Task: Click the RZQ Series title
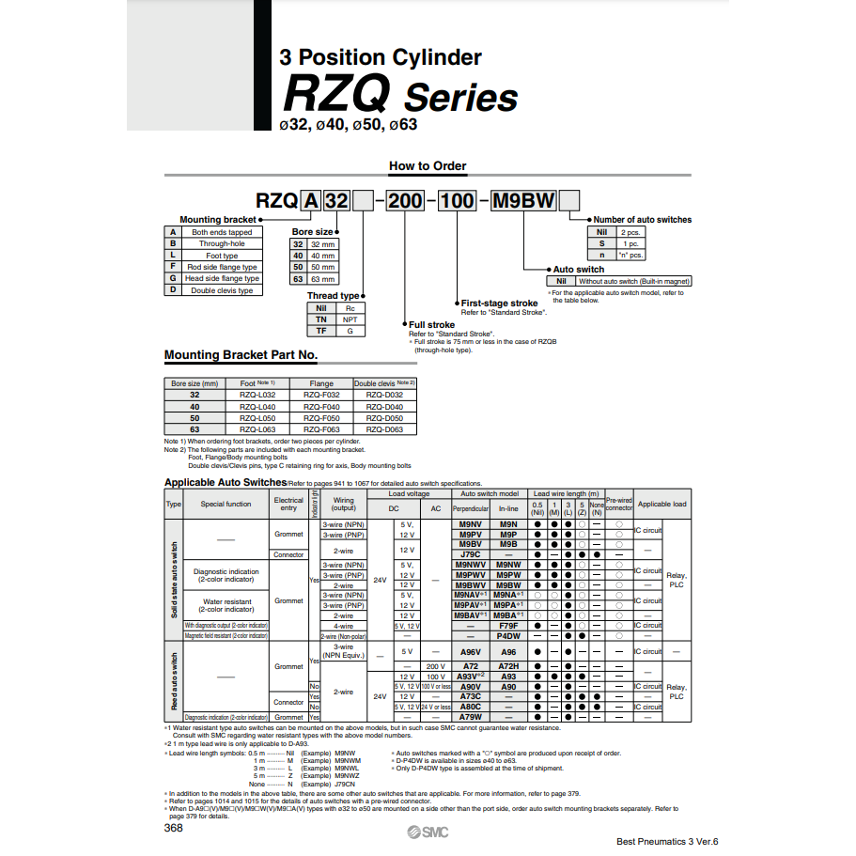point(400,96)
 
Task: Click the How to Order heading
point(428,166)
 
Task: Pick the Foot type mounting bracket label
point(222,256)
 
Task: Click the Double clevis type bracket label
point(222,290)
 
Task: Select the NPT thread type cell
point(350,319)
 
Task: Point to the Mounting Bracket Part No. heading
point(241,355)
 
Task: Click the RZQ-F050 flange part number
point(321,418)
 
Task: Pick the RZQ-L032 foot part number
point(257,396)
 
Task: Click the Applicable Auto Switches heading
point(225,483)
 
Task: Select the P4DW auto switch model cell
point(508,635)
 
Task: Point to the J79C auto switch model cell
point(470,554)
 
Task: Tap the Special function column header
point(226,505)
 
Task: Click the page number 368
point(174,828)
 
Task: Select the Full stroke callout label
point(431,325)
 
